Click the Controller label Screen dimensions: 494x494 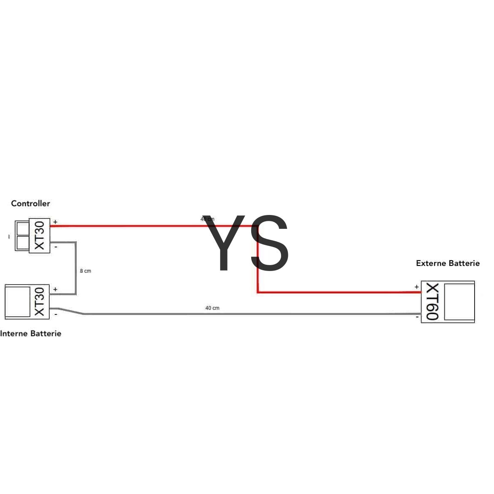click(30, 204)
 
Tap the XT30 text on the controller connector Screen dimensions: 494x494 click(39, 236)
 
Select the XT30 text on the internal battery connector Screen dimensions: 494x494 click(39, 301)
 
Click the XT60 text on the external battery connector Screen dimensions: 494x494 click(433, 302)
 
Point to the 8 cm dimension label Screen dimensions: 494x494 click(85, 271)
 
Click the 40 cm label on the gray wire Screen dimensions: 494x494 click(212, 308)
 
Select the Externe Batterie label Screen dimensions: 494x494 click(448, 263)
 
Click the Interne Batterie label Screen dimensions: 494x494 click(30, 333)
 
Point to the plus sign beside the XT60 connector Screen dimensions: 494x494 click(416, 287)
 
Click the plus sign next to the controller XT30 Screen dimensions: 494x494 click(55, 222)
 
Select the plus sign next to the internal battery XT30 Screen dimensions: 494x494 click(55, 290)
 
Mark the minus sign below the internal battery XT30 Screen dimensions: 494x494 click(56, 314)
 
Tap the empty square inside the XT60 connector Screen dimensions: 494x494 click(459, 302)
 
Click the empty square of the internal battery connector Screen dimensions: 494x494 click(17, 301)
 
